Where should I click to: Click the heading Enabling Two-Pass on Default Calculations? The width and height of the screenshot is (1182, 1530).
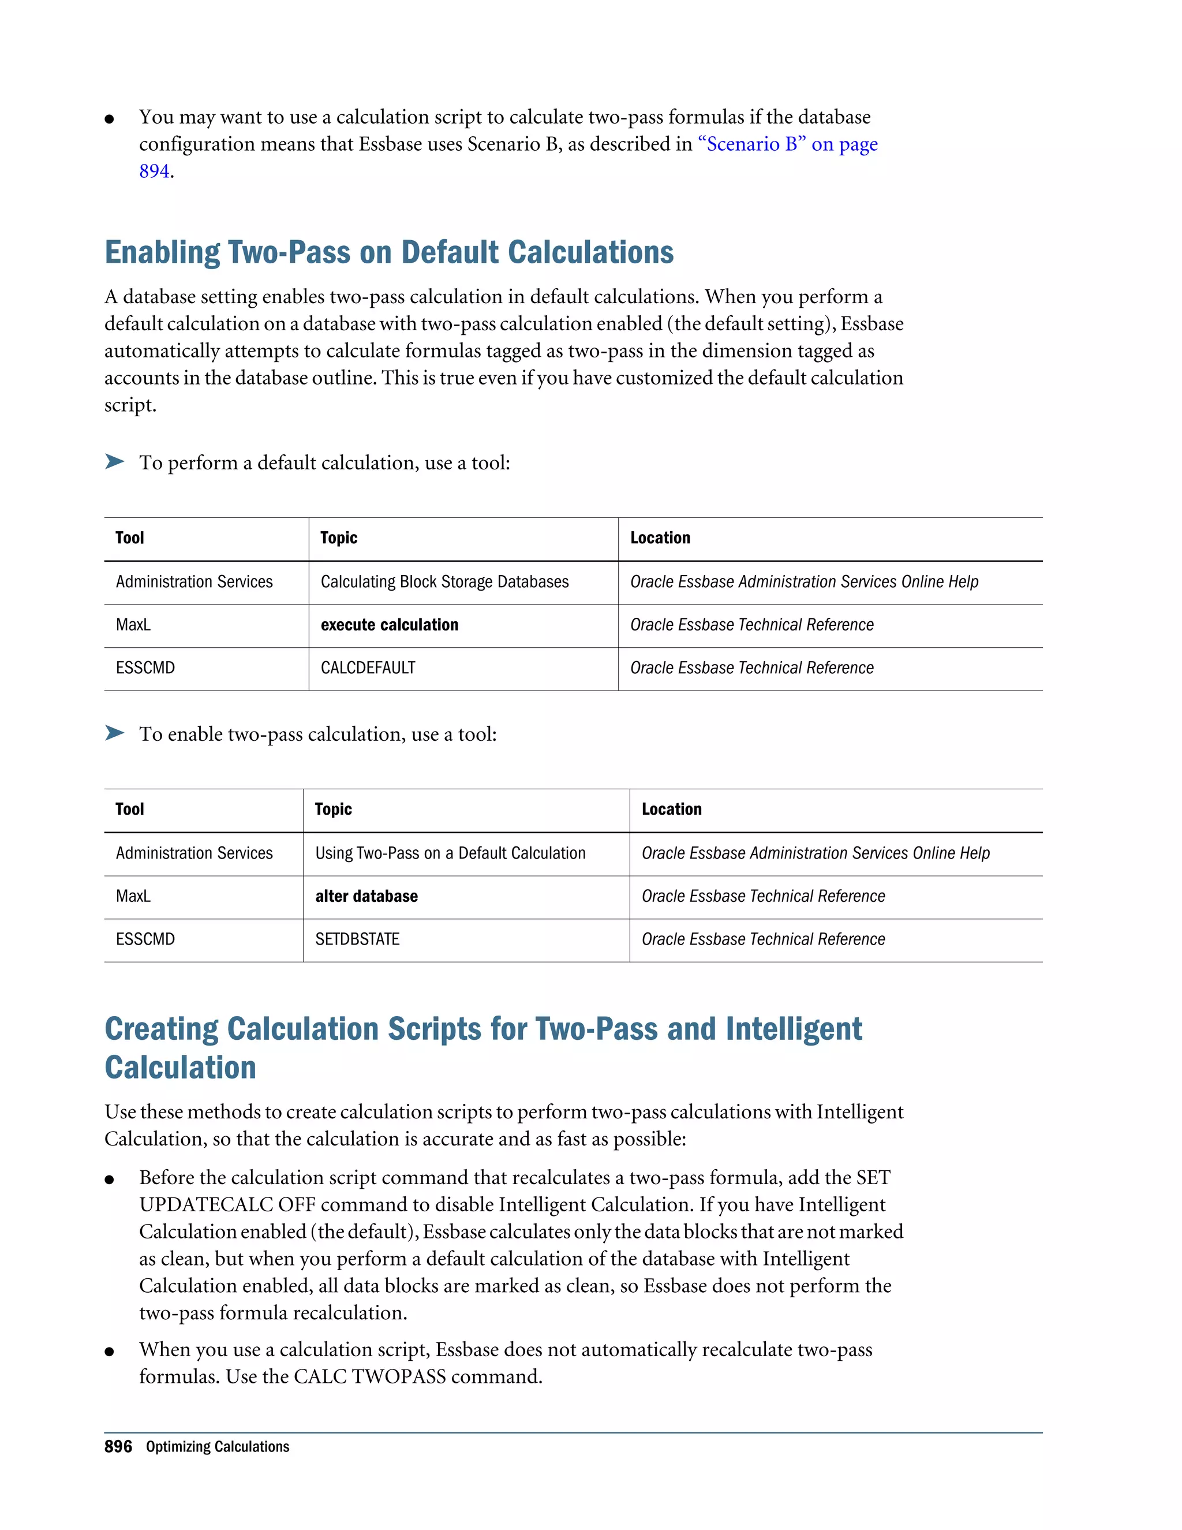pyautogui.click(x=388, y=253)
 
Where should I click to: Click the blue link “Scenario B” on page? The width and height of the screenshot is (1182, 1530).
pyautogui.click(x=787, y=144)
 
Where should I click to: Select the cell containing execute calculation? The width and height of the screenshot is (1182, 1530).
pyautogui.click(x=390, y=625)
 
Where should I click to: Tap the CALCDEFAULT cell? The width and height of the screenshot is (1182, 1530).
pyautogui.click(x=368, y=667)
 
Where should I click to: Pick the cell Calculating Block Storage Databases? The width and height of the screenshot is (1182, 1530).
pyautogui.click(x=444, y=582)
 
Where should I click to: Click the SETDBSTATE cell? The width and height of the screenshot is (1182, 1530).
pyautogui.click(x=357, y=939)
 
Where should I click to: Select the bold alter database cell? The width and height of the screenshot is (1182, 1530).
pyautogui.click(x=366, y=897)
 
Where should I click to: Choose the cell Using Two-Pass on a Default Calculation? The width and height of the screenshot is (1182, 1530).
pyautogui.click(x=450, y=853)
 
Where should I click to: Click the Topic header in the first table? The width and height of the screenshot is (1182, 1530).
pyautogui.click(x=339, y=538)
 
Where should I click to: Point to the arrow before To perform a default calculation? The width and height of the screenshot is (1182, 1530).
pyautogui.click(x=114, y=462)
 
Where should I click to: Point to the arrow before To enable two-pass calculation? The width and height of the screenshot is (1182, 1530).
pyautogui.click(x=114, y=733)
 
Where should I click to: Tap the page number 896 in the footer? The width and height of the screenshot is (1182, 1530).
pyautogui.click(x=118, y=1447)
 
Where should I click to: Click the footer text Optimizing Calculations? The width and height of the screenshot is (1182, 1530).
pyautogui.click(x=217, y=1447)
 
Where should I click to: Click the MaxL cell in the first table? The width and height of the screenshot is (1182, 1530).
pyautogui.click(x=133, y=625)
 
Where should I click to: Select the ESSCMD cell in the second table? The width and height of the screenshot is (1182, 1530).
pyautogui.click(x=145, y=939)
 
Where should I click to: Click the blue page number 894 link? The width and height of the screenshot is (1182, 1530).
pyautogui.click(x=154, y=171)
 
